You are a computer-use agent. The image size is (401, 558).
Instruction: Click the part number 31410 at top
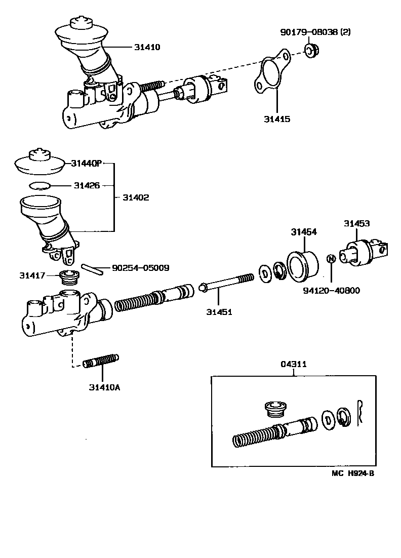(x=147, y=47)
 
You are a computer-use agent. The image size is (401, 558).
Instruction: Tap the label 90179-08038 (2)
(x=315, y=32)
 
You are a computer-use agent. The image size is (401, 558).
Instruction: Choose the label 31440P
(x=87, y=163)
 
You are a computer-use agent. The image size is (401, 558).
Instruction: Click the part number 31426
(x=87, y=185)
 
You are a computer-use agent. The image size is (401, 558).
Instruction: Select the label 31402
(x=136, y=197)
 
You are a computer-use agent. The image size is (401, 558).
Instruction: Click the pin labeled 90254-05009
(x=93, y=268)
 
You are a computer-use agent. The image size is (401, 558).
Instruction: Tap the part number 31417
(x=32, y=275)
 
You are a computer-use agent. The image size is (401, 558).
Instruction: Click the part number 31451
(x=219, y=312)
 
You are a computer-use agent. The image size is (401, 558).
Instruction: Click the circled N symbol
(x=331, y=259)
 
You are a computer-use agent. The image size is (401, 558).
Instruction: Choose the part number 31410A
(x=104, y=388)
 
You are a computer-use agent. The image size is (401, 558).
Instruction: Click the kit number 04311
(x=294, y=365)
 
